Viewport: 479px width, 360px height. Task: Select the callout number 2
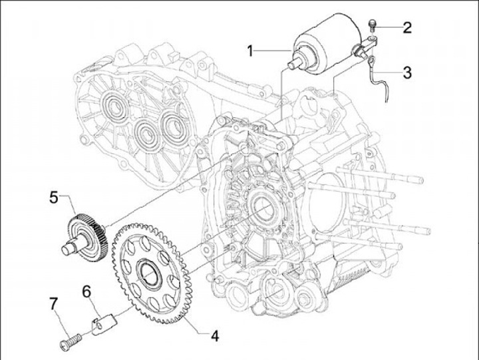[x=406, y=27]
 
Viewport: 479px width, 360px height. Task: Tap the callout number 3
[x=406, y=72]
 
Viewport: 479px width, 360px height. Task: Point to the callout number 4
[x=214, y=335]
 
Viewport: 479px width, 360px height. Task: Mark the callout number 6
[x=86, y=291]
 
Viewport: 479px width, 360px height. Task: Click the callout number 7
[x=53, y=303]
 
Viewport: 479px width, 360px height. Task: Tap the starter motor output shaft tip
[x=289, y=65]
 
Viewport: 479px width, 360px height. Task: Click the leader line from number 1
[x=273, y=51]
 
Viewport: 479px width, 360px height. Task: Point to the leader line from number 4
[x=196, y=326]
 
